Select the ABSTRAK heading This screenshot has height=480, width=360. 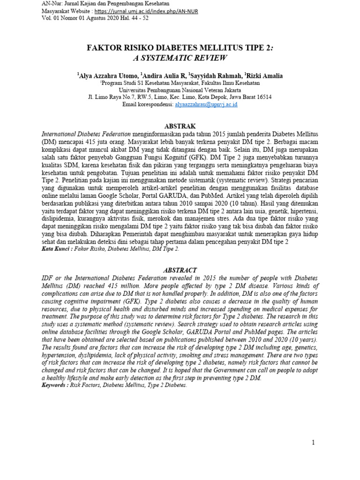click(x=180, y=126)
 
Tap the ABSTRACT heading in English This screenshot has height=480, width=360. click(x=180, y=270)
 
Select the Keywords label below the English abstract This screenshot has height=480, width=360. click(x=54, y=385)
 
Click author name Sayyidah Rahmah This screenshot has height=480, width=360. click(x=215, y=75)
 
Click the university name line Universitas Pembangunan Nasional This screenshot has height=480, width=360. click(x=180, y=90)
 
